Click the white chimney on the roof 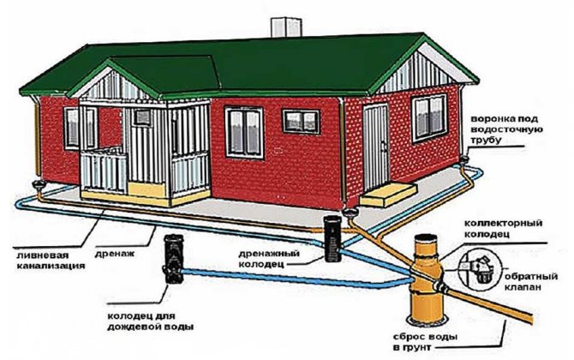286,27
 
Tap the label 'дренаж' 115,253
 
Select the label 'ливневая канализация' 51,260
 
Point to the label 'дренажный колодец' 269,258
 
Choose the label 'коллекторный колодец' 504,228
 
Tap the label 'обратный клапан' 531,281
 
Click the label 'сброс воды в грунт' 426,342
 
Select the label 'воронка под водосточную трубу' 506,129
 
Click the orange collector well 428,279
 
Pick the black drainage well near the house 333,238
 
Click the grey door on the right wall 375,147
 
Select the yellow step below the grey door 388,195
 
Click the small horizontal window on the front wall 301,122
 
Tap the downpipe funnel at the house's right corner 464,159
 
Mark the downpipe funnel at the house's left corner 38,185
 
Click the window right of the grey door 428,118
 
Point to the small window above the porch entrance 142,117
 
